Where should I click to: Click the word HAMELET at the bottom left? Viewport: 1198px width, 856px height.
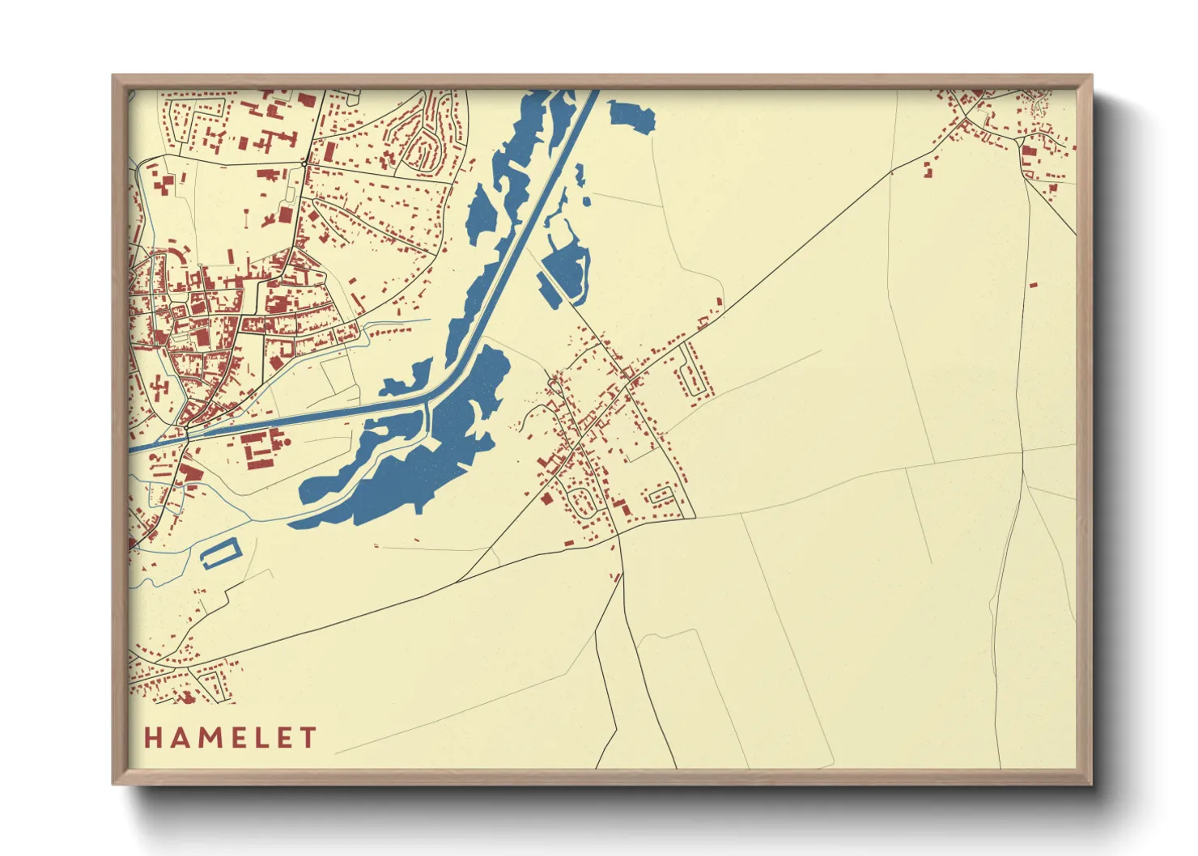[231, 738]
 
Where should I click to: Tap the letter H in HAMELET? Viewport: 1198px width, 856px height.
[153, 738]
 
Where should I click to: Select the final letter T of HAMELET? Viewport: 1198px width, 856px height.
[308, 738]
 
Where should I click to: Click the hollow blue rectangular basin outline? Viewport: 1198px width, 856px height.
[220, 554]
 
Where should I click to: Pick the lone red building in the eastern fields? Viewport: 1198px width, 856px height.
[1033, 285]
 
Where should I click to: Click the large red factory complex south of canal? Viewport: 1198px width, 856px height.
[258, 448]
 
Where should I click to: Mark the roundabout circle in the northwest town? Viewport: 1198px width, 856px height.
[304, 164]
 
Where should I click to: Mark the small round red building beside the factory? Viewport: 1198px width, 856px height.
[284, 443]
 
